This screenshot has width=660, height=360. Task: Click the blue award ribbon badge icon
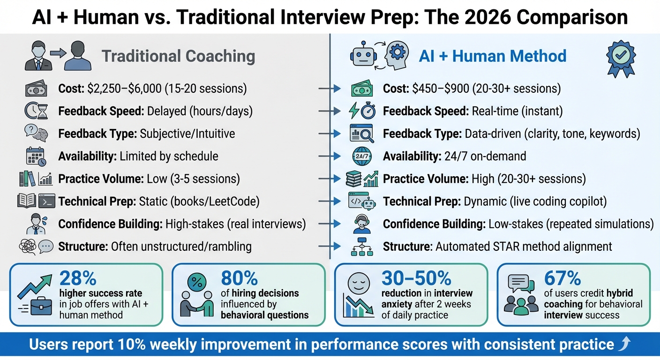[621, 58]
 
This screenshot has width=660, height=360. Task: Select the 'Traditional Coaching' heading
[178, 56]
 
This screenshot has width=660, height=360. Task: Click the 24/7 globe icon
[362, 156]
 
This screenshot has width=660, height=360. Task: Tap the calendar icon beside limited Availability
[36, 156]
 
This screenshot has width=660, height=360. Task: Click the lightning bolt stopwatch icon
[361, 111]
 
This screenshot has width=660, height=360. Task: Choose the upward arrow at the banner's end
[624, 345]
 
